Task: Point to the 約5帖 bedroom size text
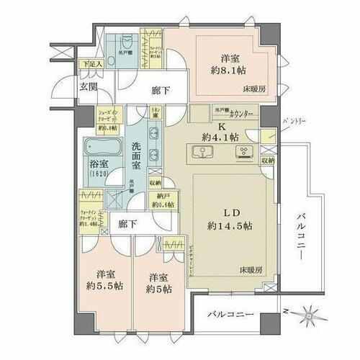[x=158, y=290]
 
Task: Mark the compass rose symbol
[x=312, y=315]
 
